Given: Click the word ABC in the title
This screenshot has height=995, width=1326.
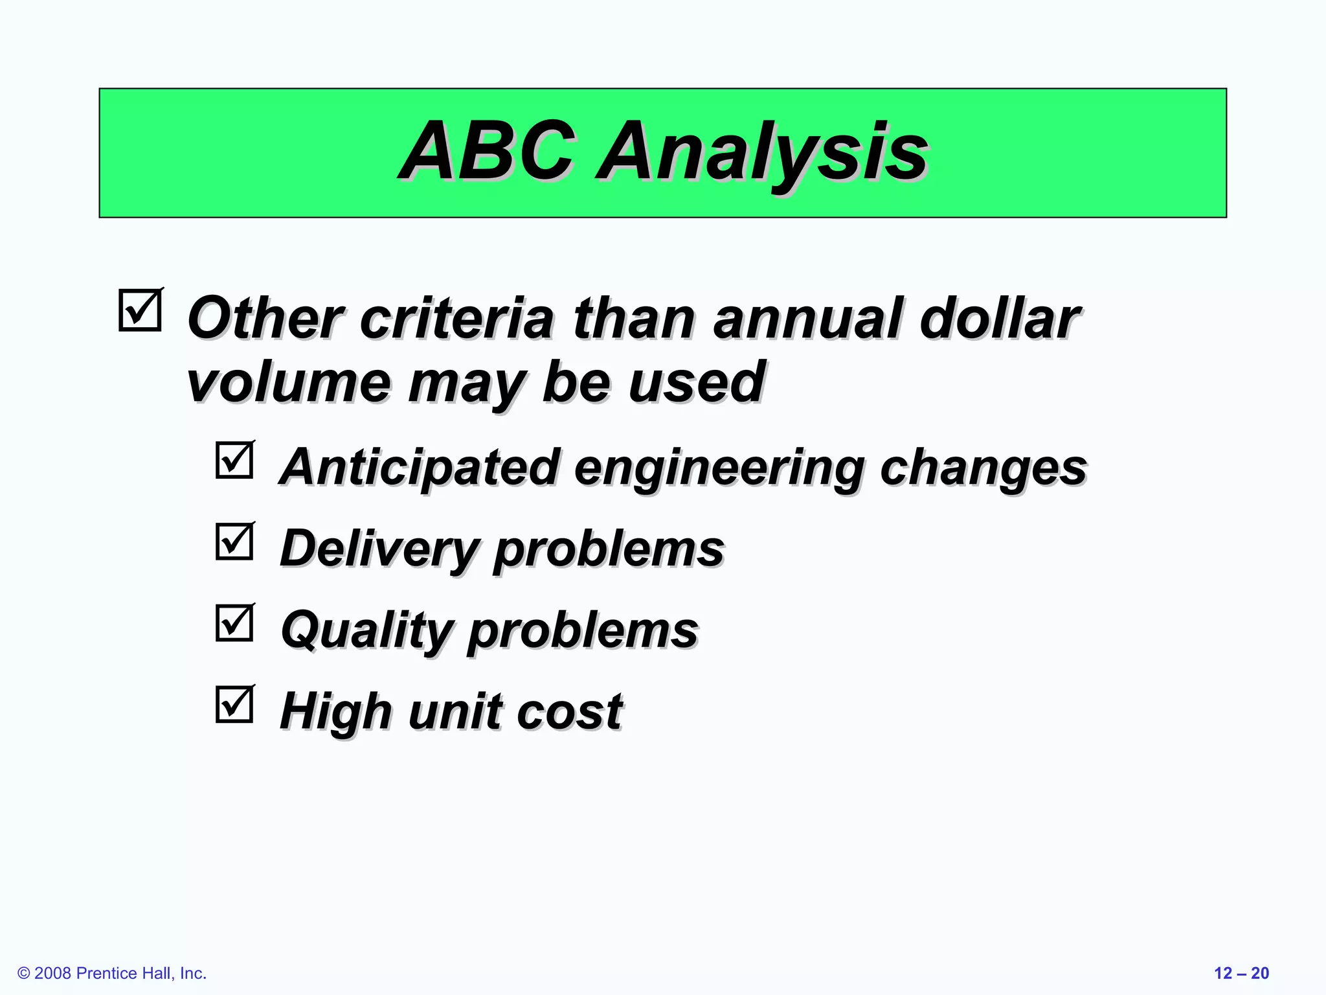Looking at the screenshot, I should (x=487, y=153).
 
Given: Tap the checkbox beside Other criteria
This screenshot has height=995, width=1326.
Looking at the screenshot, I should (x=140, y=310).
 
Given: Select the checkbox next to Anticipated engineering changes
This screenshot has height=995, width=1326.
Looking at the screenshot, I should (x=234, y=460).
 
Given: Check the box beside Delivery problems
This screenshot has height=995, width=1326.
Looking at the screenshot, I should (x=234, y=541).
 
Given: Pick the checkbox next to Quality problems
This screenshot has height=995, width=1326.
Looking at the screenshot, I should (x=234, y=623).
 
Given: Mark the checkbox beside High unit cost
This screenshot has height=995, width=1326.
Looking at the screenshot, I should (x=234, y=704).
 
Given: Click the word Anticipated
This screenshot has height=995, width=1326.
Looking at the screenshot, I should (x=420, y=468).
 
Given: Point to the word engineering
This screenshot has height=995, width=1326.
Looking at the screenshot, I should (x=719, y=468).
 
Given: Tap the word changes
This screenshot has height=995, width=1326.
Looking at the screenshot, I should (x=983, y=468).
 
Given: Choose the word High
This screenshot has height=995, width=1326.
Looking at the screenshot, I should (x=336, y=711).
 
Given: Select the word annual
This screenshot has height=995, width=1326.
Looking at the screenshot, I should (x=806, y=319).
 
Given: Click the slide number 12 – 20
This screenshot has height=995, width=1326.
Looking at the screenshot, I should (x=1241, y=973).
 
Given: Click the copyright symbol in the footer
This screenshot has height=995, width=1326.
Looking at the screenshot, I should (x=24, y=974).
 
